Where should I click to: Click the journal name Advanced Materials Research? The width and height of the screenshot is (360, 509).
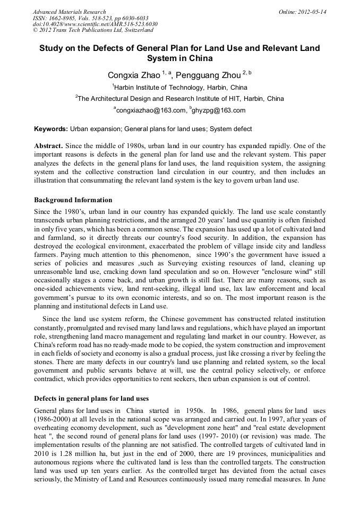tap(69, 12)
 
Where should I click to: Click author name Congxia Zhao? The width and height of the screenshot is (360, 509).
tap(133, 75)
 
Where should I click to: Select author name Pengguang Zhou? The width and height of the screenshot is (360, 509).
tap(208, 75)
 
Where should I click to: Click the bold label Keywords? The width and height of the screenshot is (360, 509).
tap(51, 129)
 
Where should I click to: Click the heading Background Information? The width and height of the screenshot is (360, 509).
tap(73, 200)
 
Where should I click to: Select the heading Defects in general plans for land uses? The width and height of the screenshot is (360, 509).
tap(91, 399)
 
